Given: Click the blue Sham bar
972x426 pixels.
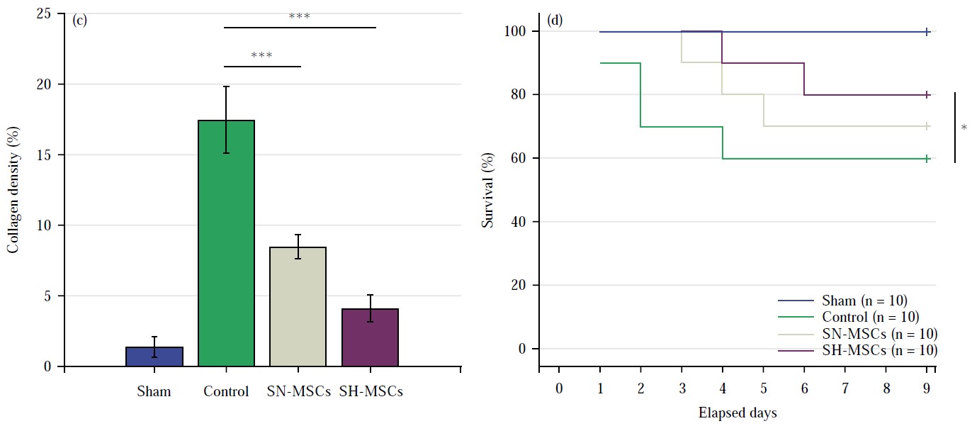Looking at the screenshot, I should pos(154,357).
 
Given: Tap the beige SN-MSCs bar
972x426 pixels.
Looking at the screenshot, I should pos(298,306).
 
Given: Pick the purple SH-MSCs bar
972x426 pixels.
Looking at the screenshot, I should pos(370,337).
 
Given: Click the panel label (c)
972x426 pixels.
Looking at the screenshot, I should pos(80,20).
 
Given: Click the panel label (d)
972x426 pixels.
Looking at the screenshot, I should pos(555,19).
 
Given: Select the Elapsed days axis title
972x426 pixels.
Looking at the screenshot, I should pos(738,413).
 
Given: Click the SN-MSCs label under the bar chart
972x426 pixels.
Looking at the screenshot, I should pos(298,391).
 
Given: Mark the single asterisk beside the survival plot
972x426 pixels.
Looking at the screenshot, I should pos(964,128).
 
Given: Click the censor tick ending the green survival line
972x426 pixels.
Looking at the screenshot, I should pos(927,159).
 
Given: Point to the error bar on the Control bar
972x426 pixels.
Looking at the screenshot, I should pos(226,120).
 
